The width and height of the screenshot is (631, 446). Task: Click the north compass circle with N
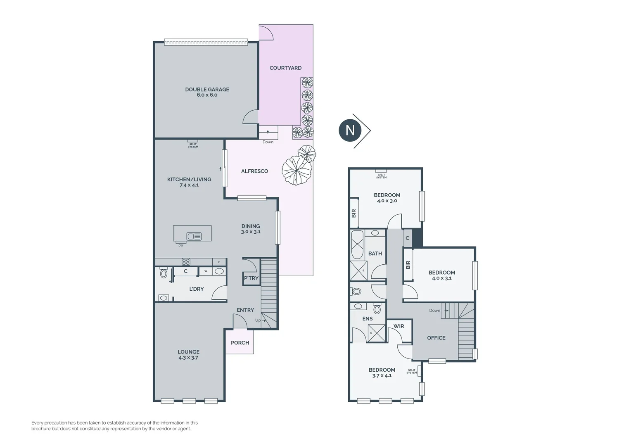click(350, 130)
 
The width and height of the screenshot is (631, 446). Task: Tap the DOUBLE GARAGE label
click(207, 89)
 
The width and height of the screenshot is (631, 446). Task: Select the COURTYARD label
click(285, 68)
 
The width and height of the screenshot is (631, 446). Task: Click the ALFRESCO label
click(254, 171)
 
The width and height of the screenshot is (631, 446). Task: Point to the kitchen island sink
click(194, 236)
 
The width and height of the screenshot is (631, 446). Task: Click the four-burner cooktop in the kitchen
click(186, 262)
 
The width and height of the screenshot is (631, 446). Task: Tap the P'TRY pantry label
click(251, 278)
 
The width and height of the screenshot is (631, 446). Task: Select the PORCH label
click(240, 343)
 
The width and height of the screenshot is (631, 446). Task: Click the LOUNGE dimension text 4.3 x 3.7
click(188, 358)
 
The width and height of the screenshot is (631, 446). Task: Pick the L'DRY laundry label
click(196, 289)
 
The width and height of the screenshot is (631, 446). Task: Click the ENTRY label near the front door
click(245, 310)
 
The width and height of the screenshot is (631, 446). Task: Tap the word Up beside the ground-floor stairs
click(258, 320)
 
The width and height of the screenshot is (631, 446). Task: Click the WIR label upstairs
click(399, 326)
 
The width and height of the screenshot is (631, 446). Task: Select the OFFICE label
click(436, 338)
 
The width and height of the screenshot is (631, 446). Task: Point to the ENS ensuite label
click(368, 319)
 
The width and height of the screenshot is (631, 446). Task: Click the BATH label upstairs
click(375, 254)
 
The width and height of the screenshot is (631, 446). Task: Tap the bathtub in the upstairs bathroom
click(357, 244)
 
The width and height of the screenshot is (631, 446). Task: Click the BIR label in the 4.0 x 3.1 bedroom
click(408, 265)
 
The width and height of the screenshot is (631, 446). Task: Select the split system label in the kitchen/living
click(193, 146)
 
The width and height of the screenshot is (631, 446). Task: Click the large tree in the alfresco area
click(296, 171)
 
